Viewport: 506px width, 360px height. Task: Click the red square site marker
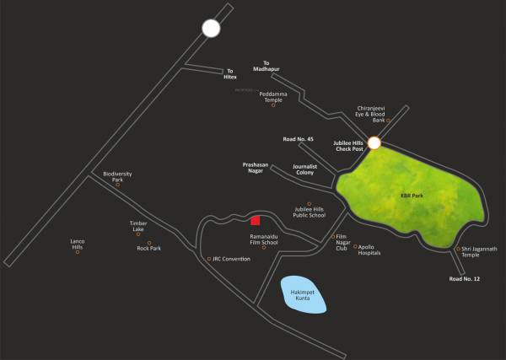tap(255, 221)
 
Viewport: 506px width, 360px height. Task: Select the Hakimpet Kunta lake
tap(302, 295)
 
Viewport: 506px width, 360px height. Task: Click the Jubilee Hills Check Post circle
tap(374, 144)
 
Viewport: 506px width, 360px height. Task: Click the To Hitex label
tap(230, 74)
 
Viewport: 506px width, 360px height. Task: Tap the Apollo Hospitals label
tap(374, 250)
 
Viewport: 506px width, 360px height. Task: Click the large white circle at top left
tap(210, 29)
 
